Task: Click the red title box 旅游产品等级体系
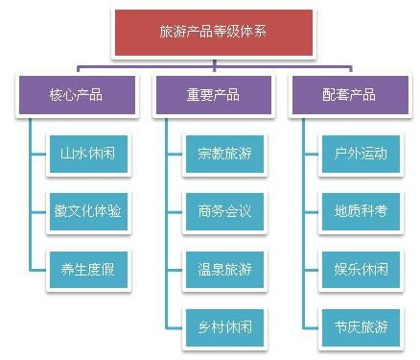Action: tap(213, 32)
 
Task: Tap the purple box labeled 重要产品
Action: tap(212, 95)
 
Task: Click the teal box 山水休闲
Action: tap(87, 153)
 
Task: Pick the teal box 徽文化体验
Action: tap(87, 210)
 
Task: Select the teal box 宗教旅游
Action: tap(223, 153)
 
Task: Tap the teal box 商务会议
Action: tap(223, 210)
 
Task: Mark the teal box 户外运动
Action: tap(361, 153)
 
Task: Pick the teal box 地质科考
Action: tap(361, 210)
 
